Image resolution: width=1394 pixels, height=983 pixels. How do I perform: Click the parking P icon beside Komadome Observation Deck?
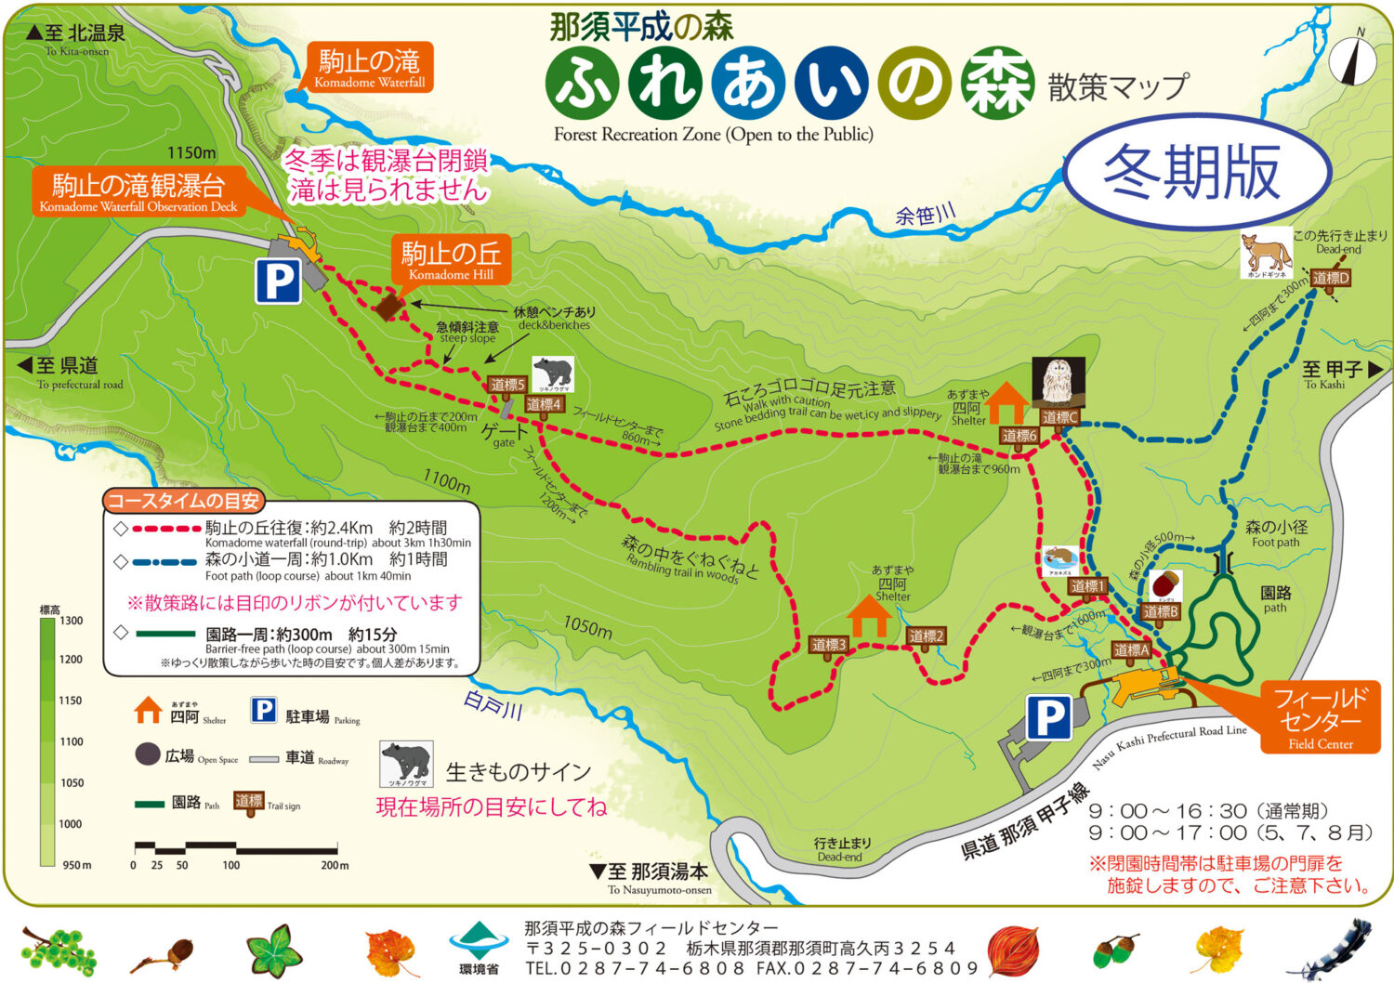279,281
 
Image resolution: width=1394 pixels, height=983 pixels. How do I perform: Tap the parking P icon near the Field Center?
1048,718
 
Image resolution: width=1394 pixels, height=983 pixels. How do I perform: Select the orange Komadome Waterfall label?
369,69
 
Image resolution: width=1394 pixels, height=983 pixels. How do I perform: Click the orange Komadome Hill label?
451,259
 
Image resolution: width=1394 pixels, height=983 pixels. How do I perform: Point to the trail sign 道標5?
507,385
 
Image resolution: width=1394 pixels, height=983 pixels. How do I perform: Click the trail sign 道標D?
1330,278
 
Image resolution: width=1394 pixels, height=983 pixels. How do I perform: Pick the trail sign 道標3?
829,645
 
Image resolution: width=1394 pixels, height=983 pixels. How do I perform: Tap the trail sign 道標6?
1019,436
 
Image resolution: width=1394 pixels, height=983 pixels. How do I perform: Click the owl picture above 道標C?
1058,382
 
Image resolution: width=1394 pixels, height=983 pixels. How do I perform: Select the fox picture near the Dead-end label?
1267,254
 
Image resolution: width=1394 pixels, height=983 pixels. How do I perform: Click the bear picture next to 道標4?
553,374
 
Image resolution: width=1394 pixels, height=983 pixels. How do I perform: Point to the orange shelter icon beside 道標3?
869,616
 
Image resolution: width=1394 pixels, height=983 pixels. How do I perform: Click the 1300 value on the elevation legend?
72,621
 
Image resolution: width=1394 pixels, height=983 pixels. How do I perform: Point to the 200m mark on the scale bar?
335,865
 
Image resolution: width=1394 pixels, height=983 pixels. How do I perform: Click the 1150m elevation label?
191,152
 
